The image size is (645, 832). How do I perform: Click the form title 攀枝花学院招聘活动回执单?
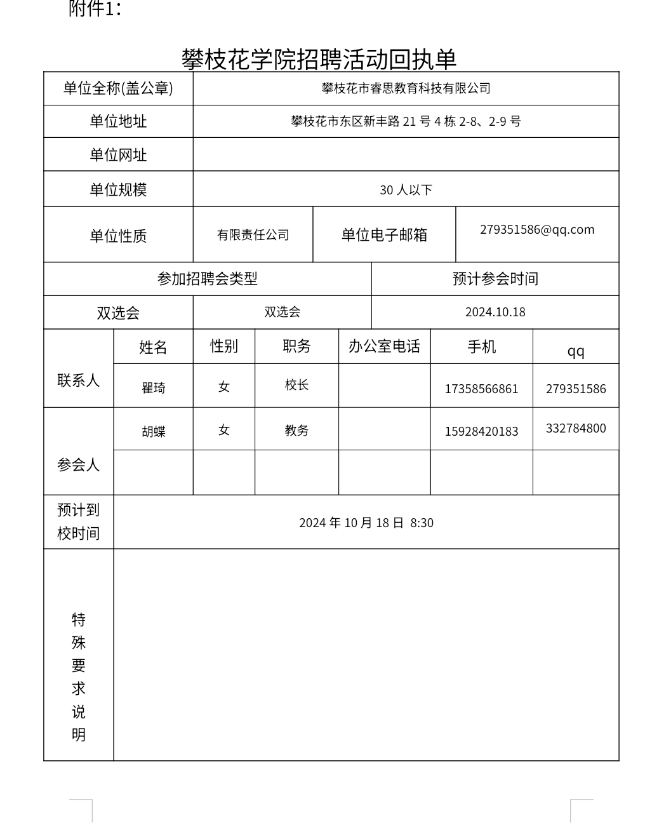(x=319, y=59)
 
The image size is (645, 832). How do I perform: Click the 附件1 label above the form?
(x=95, y=9)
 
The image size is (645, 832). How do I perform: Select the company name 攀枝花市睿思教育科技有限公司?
(x=406, y=88)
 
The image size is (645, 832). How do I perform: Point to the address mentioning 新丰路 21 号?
(x=406, y=121)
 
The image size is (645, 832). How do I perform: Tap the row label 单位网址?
(x=118, y=155)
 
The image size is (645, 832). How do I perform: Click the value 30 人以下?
(x=406, y=190)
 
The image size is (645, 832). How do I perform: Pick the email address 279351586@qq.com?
(x=537, y=229)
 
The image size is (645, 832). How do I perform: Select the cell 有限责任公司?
(x=253, y=235)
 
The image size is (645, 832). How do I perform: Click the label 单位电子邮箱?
(x=384, y=235)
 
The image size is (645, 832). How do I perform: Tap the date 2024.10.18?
(x=495, y=312)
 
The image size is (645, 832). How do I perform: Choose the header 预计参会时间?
(x=495, y=279)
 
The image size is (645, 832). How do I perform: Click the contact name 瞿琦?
(x=154, y=387)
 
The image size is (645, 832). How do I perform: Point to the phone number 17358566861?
(x=481, y=389)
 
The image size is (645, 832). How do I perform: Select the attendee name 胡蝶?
(x=154, y=432)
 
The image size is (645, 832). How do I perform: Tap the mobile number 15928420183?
(x=481, y=431)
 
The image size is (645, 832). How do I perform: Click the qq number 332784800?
(x=576, y=428)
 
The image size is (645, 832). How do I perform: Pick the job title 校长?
(x=296, y=385)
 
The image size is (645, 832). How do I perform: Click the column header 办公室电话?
(x=384, y=346)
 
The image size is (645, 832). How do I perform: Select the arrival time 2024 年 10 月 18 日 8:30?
(x=366, y=523)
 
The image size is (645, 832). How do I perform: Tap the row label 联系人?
(x=79, y=380)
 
